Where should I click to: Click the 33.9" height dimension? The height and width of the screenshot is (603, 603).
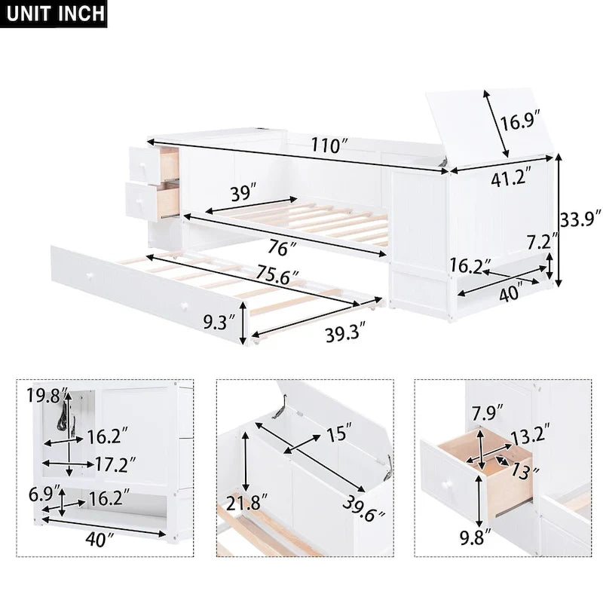click(x=581, y=219)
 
